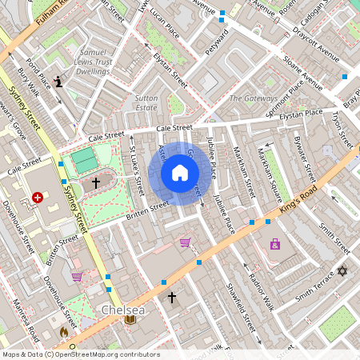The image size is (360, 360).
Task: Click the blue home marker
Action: [180, 172]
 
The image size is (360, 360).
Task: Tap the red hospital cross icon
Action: [38, 197]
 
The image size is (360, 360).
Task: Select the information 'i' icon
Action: [59, 81]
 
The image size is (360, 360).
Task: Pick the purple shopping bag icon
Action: [275, 244]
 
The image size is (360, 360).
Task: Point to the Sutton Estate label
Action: [146, 102]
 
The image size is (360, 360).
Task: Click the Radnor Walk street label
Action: [261, 289]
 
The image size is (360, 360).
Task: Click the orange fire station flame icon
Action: [64, 331]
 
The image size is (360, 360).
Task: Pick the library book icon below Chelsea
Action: [130, 321]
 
